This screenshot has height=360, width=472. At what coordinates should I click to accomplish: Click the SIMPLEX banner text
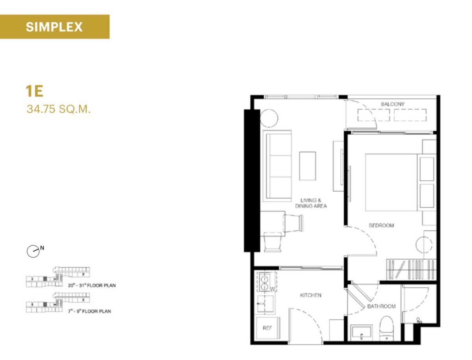pos(54,27)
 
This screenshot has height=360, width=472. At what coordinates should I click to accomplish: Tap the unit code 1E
pos(34,91)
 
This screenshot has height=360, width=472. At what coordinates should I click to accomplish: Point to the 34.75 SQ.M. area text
pos(59,109)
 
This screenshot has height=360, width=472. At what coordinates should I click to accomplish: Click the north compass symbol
pos(33,251)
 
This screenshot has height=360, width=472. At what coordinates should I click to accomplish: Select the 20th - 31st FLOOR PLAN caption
pos(92,285)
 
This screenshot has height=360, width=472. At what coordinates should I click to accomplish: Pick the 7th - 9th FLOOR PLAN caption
pos(89,311)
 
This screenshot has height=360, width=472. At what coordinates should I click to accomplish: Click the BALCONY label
pos(393,104)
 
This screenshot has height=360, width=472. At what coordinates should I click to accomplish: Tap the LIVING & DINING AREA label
pos(311,203)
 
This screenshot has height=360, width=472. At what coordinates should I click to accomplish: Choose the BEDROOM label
pos(381,225)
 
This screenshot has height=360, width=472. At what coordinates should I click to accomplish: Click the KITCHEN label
pos(310,295)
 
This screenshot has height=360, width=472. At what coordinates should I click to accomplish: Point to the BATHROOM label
pos(381,306)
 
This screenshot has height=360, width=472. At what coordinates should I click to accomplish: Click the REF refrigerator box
pos(268,328)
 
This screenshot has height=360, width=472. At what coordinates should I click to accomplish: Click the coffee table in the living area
pos(307,166)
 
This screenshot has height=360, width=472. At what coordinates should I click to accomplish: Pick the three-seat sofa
pos(277,166)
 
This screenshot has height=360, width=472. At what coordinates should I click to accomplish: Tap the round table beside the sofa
pos(269,118)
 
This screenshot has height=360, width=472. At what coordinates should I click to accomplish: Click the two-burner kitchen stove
pos(264,282)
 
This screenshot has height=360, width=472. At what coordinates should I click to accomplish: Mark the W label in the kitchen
pos(272,289)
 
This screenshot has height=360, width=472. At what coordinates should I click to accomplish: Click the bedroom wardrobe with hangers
pos(411,270)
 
